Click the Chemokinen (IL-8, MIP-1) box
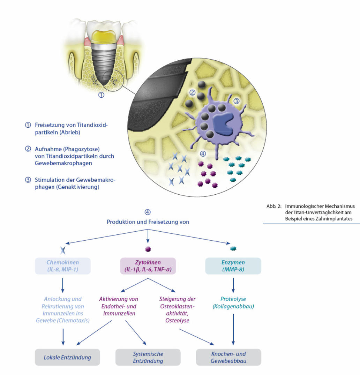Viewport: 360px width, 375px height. [x=63, y=266]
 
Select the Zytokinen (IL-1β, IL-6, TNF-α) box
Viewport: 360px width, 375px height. [x=148, y=266]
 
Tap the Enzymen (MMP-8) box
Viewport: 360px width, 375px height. [x=233, y=266]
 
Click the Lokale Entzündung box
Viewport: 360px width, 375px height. [x=67, y=357]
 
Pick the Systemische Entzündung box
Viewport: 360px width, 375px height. [x=148, y=357]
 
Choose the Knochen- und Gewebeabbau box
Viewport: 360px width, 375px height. [x=228, y=357]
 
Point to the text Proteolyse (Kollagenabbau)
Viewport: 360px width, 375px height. [x=233, y=303]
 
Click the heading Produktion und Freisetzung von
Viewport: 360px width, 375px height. [x=148, y=222]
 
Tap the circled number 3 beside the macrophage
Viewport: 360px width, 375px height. [x=236, y=102]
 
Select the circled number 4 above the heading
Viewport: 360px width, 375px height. [x=148, y=212]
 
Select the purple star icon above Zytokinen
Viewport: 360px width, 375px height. [x=148, y=249]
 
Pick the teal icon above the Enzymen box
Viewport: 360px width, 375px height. [x=233, y=249]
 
